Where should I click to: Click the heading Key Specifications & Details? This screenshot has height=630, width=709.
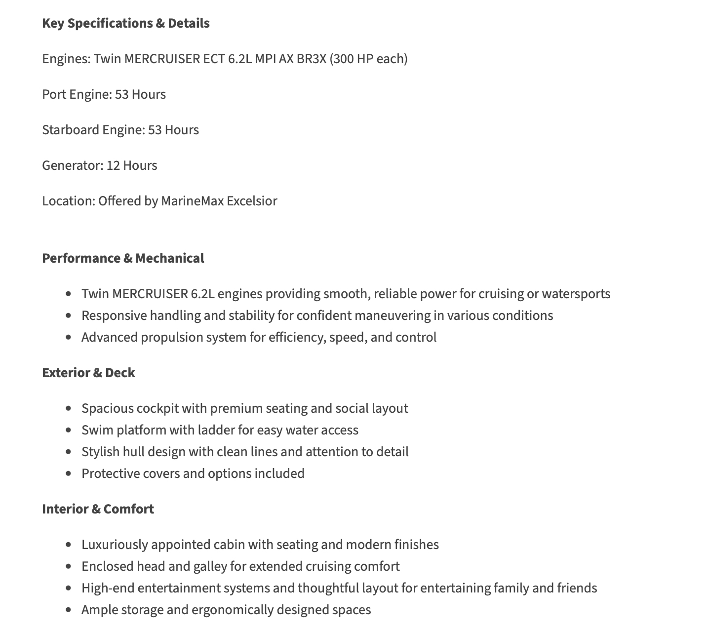pos(125,23)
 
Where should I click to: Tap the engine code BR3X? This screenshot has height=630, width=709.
pos(311,59)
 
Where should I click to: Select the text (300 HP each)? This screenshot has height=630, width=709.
pos(368,59)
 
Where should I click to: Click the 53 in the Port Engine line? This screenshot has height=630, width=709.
pos(121,94)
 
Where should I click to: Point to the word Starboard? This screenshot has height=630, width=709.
pos(71,130)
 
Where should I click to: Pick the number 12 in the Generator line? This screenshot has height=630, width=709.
pos(113,165)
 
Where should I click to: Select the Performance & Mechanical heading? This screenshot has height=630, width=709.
pos(123,258)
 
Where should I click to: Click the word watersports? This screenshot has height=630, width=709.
pos(576,294)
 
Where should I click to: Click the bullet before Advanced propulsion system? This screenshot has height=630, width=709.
pos(69,337)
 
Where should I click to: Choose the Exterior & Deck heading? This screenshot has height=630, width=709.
pos(88,373)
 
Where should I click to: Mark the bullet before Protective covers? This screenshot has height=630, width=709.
pos(69,473)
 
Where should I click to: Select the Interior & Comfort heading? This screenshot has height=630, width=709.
pos(98,509)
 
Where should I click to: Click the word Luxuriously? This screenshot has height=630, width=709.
pos(115,545)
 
